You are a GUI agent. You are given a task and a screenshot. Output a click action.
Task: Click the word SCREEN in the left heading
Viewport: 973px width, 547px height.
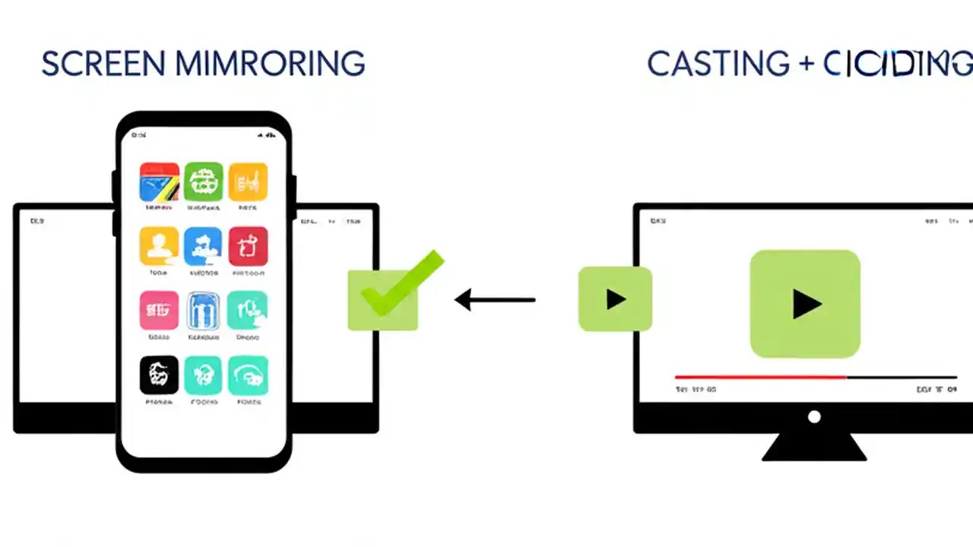point(103,64)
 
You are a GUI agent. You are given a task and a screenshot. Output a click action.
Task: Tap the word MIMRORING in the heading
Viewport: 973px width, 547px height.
point(270,64)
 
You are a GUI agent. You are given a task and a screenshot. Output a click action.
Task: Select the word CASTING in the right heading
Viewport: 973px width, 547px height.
point(718,64)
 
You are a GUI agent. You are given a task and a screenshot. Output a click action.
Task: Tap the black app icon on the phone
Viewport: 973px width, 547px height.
point(159,375)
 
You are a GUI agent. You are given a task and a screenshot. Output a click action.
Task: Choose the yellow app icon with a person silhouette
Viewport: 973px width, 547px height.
point(159,245)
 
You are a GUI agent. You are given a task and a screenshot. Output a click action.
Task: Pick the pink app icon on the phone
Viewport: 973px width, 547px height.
point(159,310)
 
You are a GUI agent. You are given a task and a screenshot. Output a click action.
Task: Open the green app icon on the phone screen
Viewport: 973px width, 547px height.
point(203,182)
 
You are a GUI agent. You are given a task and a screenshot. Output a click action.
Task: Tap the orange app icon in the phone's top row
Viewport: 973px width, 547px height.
point(248,182)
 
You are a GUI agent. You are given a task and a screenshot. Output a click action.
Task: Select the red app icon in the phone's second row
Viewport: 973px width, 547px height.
point(248,245)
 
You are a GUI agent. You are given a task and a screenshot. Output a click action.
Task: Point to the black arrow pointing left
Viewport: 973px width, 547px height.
point(495,300)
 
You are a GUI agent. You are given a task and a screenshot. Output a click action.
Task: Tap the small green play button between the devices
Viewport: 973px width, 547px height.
point(615,299)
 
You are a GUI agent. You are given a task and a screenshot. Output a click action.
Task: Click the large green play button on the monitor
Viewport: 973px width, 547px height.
point(805,304)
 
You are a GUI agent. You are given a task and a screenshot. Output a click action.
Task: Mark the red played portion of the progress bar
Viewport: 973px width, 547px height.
point(760,377)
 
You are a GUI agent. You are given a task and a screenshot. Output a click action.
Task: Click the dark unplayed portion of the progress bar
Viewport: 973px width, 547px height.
point(902,377)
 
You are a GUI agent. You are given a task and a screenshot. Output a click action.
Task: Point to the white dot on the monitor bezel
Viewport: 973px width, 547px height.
point(814,416)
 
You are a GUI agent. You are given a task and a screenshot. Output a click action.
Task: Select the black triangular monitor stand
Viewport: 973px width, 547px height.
point(814,448)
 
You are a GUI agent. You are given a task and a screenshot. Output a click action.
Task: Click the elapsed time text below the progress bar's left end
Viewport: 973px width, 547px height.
point(695,390)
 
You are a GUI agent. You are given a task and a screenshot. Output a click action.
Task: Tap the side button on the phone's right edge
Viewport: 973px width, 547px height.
point(293,198)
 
